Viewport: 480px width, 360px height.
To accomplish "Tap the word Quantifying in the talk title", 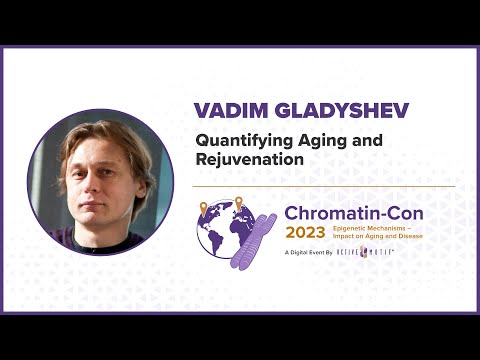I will pos(236,141).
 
